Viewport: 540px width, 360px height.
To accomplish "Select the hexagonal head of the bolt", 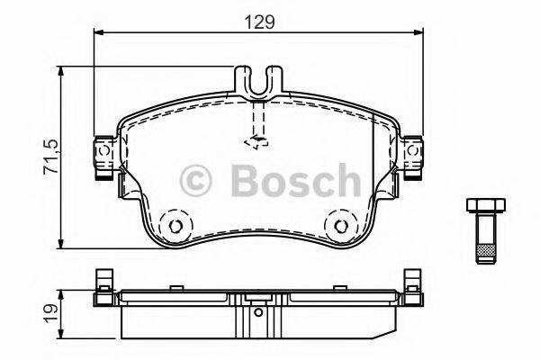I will tap(484, 204).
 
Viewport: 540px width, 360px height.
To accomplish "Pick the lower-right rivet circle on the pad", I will tap(340, 226).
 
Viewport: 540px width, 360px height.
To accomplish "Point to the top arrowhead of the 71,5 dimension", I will tap(61, 70).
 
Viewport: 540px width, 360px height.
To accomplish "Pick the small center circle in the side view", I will tap(258, 313).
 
